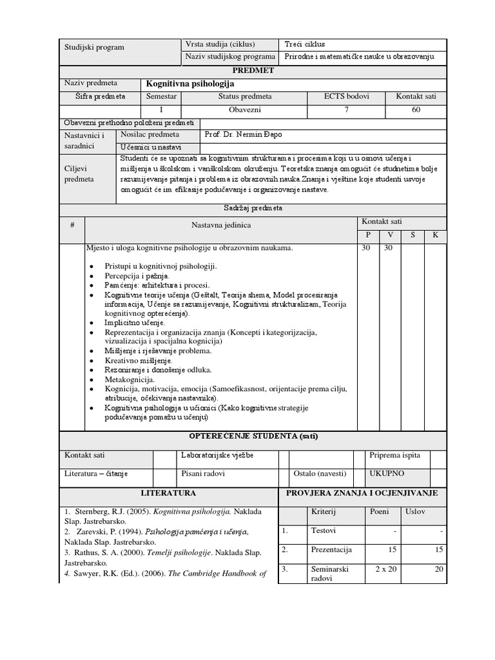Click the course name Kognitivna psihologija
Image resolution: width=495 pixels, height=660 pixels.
190,84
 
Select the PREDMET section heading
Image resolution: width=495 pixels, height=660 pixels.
253,70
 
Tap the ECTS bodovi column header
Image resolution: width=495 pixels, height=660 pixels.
347,97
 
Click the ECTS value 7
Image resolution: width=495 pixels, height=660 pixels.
347,110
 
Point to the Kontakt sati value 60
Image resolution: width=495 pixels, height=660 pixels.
416,110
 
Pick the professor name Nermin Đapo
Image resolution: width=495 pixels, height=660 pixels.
243,135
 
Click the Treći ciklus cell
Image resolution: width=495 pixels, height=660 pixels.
305,44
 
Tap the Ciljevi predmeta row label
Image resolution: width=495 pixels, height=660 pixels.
79,173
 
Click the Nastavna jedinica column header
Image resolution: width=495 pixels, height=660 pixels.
220,225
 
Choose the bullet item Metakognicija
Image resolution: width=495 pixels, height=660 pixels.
130,380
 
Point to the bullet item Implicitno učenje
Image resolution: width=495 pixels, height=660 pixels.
135,322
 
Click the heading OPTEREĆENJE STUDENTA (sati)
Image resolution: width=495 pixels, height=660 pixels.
253,436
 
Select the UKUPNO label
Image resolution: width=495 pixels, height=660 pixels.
387,474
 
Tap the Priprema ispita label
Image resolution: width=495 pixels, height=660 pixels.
394,455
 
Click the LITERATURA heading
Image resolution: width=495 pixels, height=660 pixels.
168,493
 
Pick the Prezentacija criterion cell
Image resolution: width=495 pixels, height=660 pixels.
331,550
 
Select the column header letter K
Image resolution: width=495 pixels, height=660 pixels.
435,235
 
